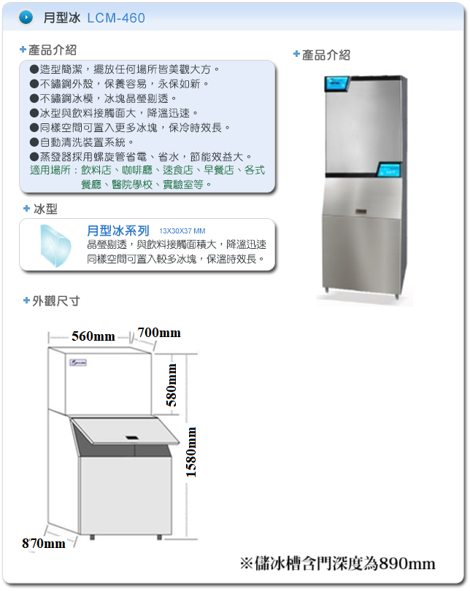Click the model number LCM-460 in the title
point(116,18)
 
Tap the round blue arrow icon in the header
point(26,18)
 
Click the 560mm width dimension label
point(93,336)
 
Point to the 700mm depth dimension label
point(159,333)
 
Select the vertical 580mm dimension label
point(172,385)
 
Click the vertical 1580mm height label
point(191,452)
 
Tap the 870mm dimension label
point(43,544)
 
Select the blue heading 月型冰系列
point(117,231)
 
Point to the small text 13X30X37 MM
point(182,231)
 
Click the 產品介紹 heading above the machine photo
point(325,55)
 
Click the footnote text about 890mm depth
point(337,563)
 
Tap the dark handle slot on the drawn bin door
point(133,437)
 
